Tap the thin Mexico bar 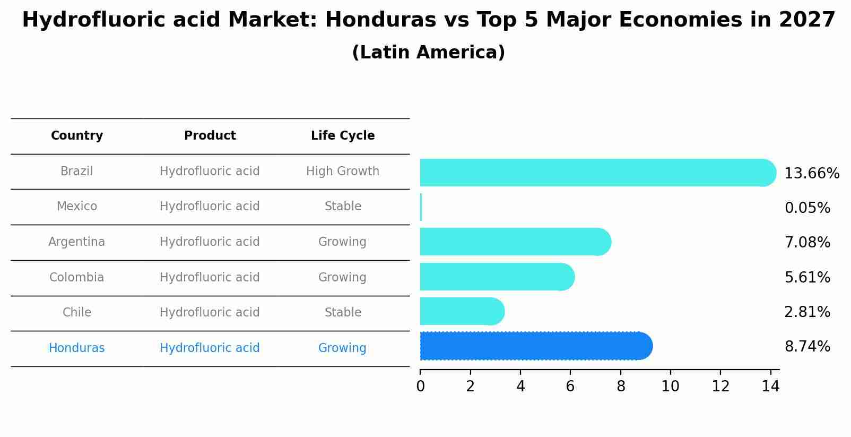click(421, 207)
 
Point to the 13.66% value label click(811, 174)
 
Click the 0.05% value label click(807, 208)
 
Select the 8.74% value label click(807, 347)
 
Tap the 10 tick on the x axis click(670, 387)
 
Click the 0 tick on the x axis click(420, 387)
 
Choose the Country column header click(77, 136)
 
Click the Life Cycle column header click(343, 136)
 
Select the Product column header click(210, 136)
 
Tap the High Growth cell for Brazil click(343, 172)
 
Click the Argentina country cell click(77, 242)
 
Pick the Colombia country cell click(77, 278)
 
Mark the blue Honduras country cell click(77, 348)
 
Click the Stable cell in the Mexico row click(343, 207)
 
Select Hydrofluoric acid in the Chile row click(210, 313)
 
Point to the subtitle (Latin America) click(428, 53)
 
